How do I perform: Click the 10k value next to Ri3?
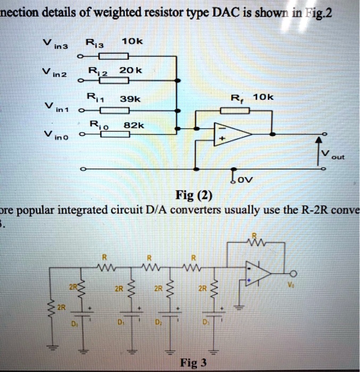coord(130,41)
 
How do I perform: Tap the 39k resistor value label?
coord(131,99)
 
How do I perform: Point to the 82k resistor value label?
coord(131,126)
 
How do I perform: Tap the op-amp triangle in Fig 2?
coord(229,134)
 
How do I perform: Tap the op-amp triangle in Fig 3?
coord(258,274)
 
